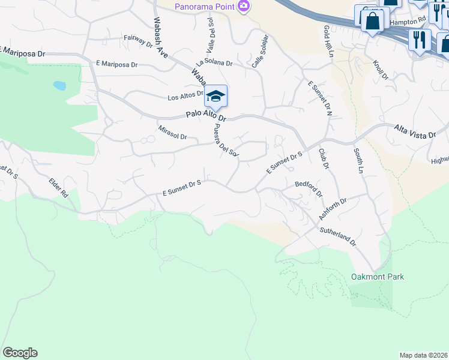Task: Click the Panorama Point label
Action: [x=203, y=7]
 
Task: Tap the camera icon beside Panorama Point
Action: [x=243, y=7]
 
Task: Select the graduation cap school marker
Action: [x=215, y=96]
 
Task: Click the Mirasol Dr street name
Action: [x=173, y=132]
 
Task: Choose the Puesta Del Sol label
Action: [x=226, y=140]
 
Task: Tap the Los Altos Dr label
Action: [x=185, y=97]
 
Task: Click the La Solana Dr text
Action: [x=214, y=62]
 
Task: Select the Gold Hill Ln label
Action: [x=328, y=41]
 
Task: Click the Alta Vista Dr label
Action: [x=415, y=131]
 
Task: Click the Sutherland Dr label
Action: [x=337, y=236]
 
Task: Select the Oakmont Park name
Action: [x=377, y=277]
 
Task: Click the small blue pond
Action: [x=59, y=85]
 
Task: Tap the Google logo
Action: [x=20, y=353]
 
